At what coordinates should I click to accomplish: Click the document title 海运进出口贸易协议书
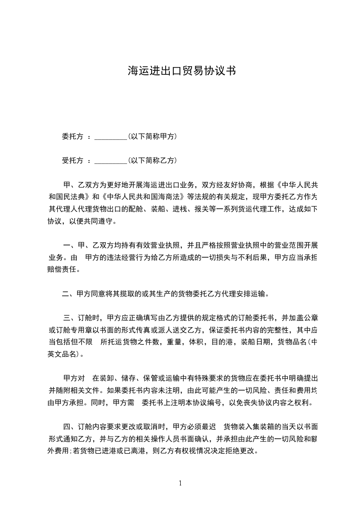pos(181,71)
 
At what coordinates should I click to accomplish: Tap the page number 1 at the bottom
pos(180,483)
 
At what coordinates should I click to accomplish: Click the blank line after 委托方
pos(111,137)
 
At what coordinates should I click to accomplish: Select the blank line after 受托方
pos(111,161)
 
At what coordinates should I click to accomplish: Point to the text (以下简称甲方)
pos(152,137)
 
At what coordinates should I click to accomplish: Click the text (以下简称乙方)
pos(152,161)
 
